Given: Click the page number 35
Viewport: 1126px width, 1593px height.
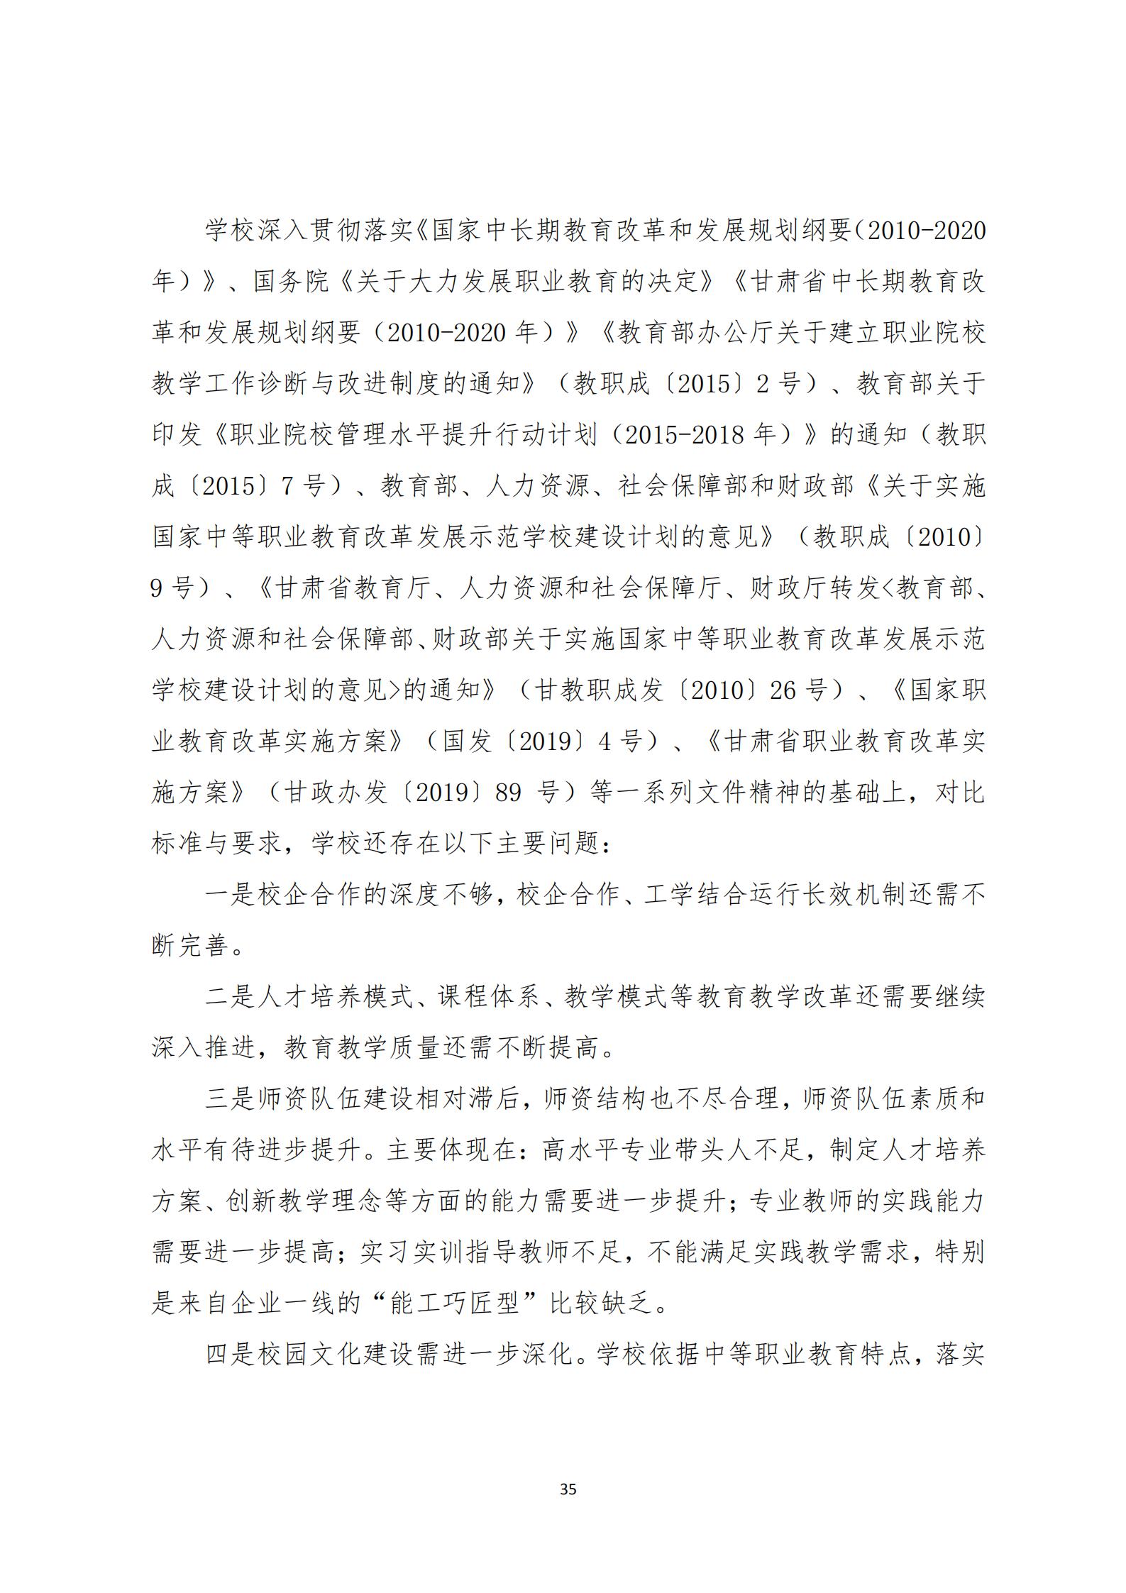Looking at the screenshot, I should coord(568,1489).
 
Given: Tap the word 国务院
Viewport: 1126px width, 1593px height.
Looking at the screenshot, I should coord(292,282).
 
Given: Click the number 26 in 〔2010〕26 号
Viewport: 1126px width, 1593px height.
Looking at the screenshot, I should coord(783,690).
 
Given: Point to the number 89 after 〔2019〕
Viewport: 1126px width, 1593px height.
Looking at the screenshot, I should coord(508,792).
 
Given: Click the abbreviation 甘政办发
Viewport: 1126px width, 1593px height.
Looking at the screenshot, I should coord(336,792).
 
